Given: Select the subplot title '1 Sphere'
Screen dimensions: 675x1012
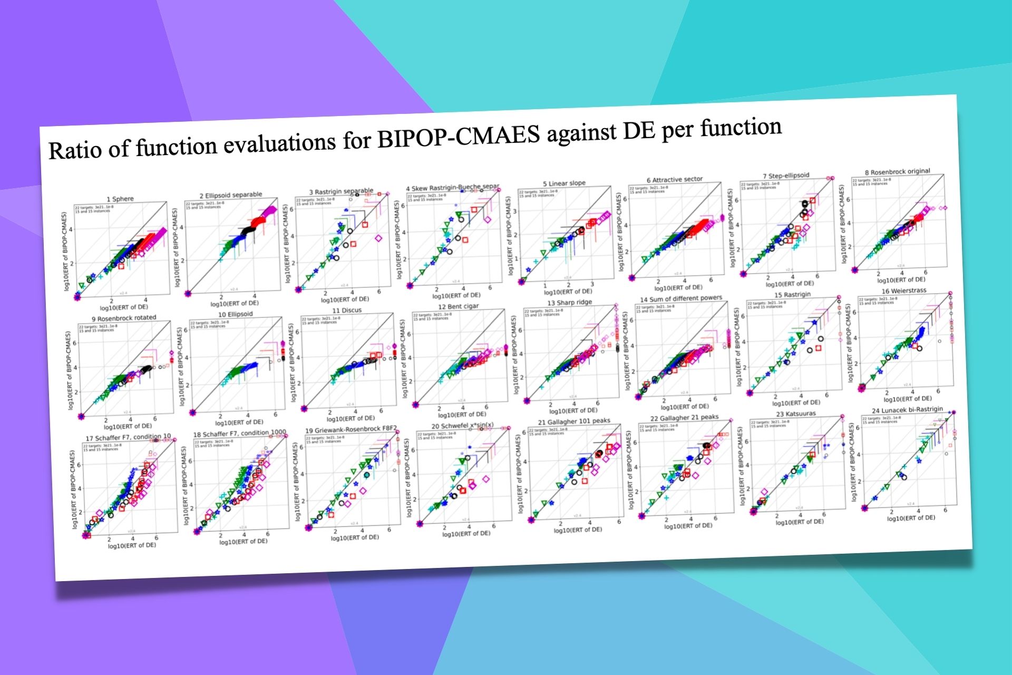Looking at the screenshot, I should click(x=120, y=199).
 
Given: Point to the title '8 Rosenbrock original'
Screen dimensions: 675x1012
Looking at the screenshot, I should click(x=897, y=172).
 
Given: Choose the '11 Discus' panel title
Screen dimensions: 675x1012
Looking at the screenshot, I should click(x=346, y=311).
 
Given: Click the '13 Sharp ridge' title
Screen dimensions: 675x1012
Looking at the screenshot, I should click(x=569, y=303).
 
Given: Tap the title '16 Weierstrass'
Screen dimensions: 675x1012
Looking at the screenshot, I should click(x=903, y=291).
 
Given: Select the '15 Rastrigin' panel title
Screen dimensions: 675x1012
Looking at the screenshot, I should click(x=792, y=295).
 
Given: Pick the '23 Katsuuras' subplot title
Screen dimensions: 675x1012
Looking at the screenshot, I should click(x=795, y=414).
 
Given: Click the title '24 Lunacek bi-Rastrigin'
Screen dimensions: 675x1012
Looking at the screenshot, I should click(x=907, y=410).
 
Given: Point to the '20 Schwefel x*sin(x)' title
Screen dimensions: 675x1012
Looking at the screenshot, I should click(x=462, y=426).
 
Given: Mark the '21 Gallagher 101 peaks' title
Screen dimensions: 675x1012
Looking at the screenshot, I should click(x=573, y=421).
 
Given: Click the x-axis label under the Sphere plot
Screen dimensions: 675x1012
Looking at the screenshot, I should click(x=124, y=307).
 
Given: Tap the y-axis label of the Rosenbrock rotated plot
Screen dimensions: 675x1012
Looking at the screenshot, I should click(x=69, y=370).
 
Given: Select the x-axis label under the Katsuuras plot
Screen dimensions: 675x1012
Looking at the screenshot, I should click(x=799, y=522).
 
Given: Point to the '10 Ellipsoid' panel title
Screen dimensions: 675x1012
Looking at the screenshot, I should click(x=235, y=314).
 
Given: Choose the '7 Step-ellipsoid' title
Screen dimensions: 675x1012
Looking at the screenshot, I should click(x=785, y=176).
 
